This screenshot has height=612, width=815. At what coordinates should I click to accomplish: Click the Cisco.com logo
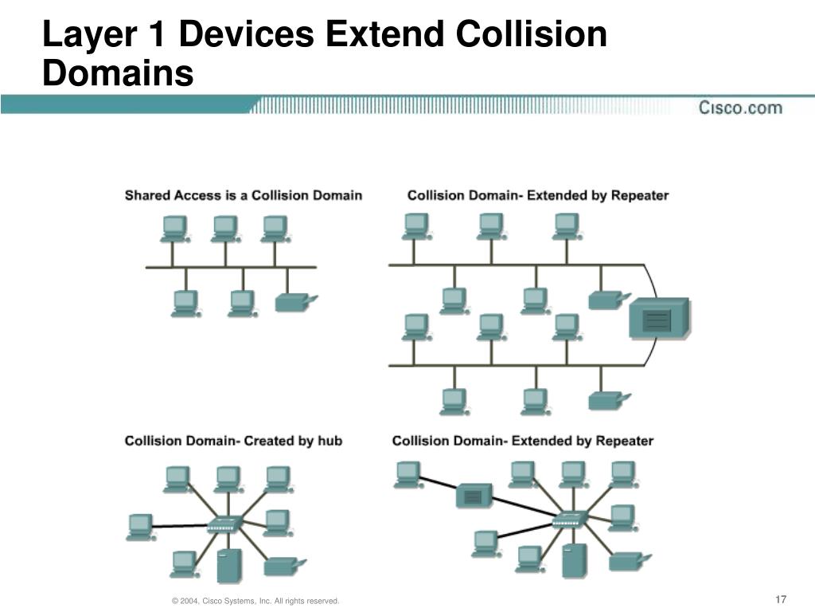point(740,108)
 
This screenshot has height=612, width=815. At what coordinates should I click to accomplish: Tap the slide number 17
point(780,599)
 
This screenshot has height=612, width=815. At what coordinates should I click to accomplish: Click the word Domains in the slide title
point(118,74)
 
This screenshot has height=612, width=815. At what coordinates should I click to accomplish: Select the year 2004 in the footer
point(189,600)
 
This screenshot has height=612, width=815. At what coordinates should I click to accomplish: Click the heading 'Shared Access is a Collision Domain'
point(243,195)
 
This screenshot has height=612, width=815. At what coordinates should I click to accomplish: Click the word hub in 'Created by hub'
point(330,441)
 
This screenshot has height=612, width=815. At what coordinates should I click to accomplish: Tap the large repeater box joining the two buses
point(657,318)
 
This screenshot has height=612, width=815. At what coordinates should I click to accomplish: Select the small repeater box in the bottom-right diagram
point(474,496)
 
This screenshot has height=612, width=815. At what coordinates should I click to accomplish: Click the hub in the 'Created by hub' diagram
point(222,525)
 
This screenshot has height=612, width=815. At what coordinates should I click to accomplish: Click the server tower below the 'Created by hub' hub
point(229,565)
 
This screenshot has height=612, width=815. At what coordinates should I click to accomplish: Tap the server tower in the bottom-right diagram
point(574,560)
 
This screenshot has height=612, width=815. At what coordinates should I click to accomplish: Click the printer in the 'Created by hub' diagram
point(280,566)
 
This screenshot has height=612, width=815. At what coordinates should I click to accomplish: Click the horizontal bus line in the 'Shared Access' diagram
point(231,267)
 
